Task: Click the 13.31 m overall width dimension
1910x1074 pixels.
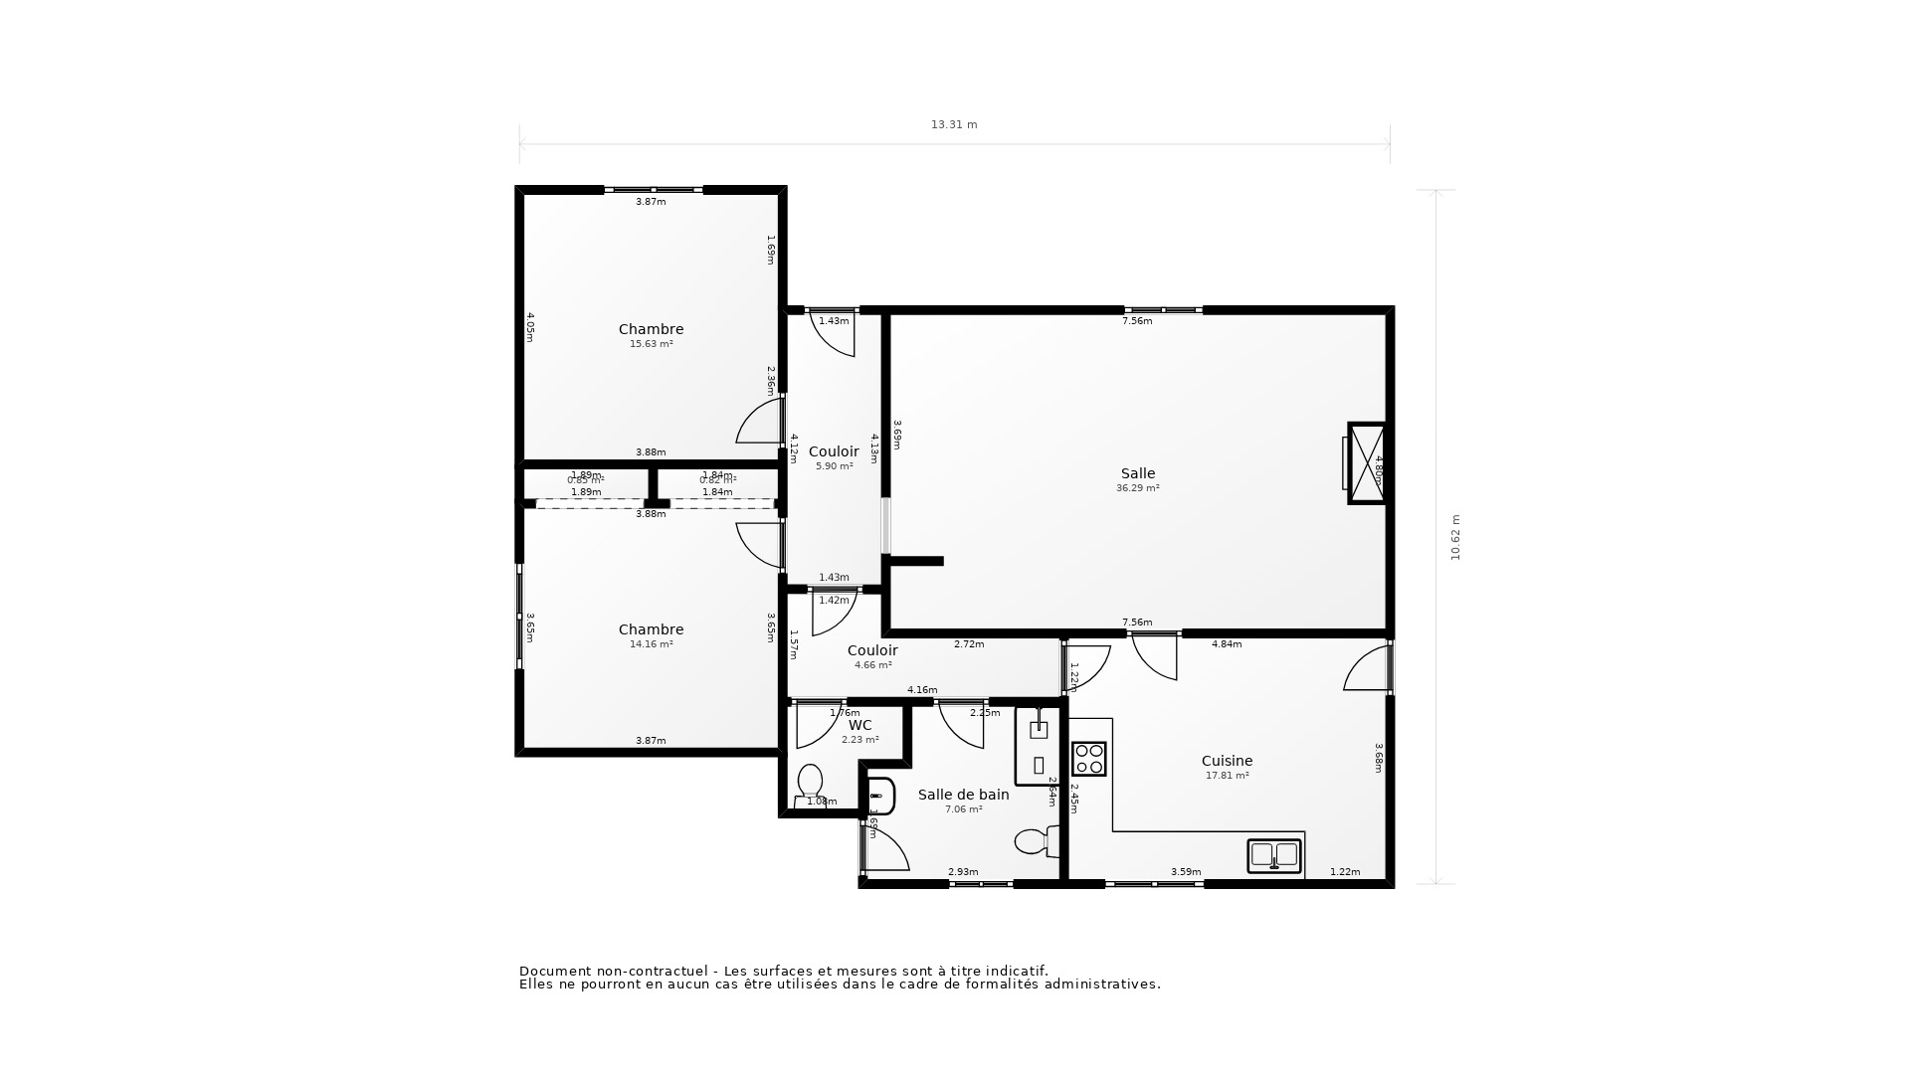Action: [953, 125]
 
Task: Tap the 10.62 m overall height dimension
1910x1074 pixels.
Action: [1455, 538]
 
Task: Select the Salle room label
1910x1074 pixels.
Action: [1137, 473]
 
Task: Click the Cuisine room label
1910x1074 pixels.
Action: [1227, 761]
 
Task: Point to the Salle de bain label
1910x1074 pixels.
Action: [963, 795]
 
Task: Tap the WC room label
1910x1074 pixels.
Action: [859, 725]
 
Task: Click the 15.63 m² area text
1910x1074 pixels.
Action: [651, 344]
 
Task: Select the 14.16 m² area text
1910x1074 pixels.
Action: [651, 644]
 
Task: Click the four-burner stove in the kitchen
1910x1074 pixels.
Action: [1088, 759]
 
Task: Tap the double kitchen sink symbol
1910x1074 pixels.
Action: [1273, 855]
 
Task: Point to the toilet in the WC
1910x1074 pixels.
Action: [810, 782]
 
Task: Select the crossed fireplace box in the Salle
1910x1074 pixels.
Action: [1366, 463]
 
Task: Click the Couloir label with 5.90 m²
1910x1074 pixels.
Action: [833, 451]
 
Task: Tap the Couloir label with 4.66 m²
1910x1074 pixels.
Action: [871, 650]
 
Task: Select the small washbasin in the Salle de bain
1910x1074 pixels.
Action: [879, 796]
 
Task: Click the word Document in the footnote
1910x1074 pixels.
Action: [555, 972]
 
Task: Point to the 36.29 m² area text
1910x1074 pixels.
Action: [1137, 488]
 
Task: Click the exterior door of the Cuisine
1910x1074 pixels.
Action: [1369, 669]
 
